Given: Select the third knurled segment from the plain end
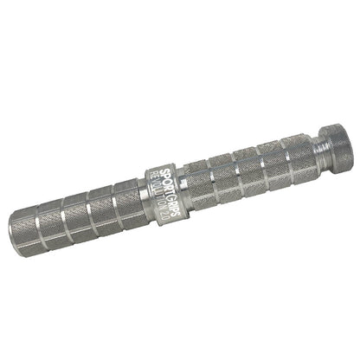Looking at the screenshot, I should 100,208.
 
